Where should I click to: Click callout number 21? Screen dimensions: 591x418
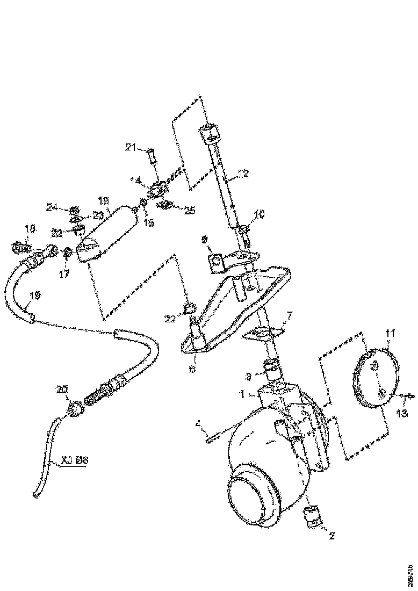pyautogui.click(x=131, y=148)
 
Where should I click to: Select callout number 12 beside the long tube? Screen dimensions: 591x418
pyautogui.click(x=244, y=174)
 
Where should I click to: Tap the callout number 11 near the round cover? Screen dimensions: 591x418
pyautogui.click(x=388, y=333)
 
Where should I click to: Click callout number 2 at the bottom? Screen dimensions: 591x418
pyautogui.click(x=332, y=536)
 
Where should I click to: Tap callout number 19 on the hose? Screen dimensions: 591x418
pyautogui.click(x=35, y=295)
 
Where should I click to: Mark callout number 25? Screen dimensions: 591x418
pyautogui.click(x=190, y=210)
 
